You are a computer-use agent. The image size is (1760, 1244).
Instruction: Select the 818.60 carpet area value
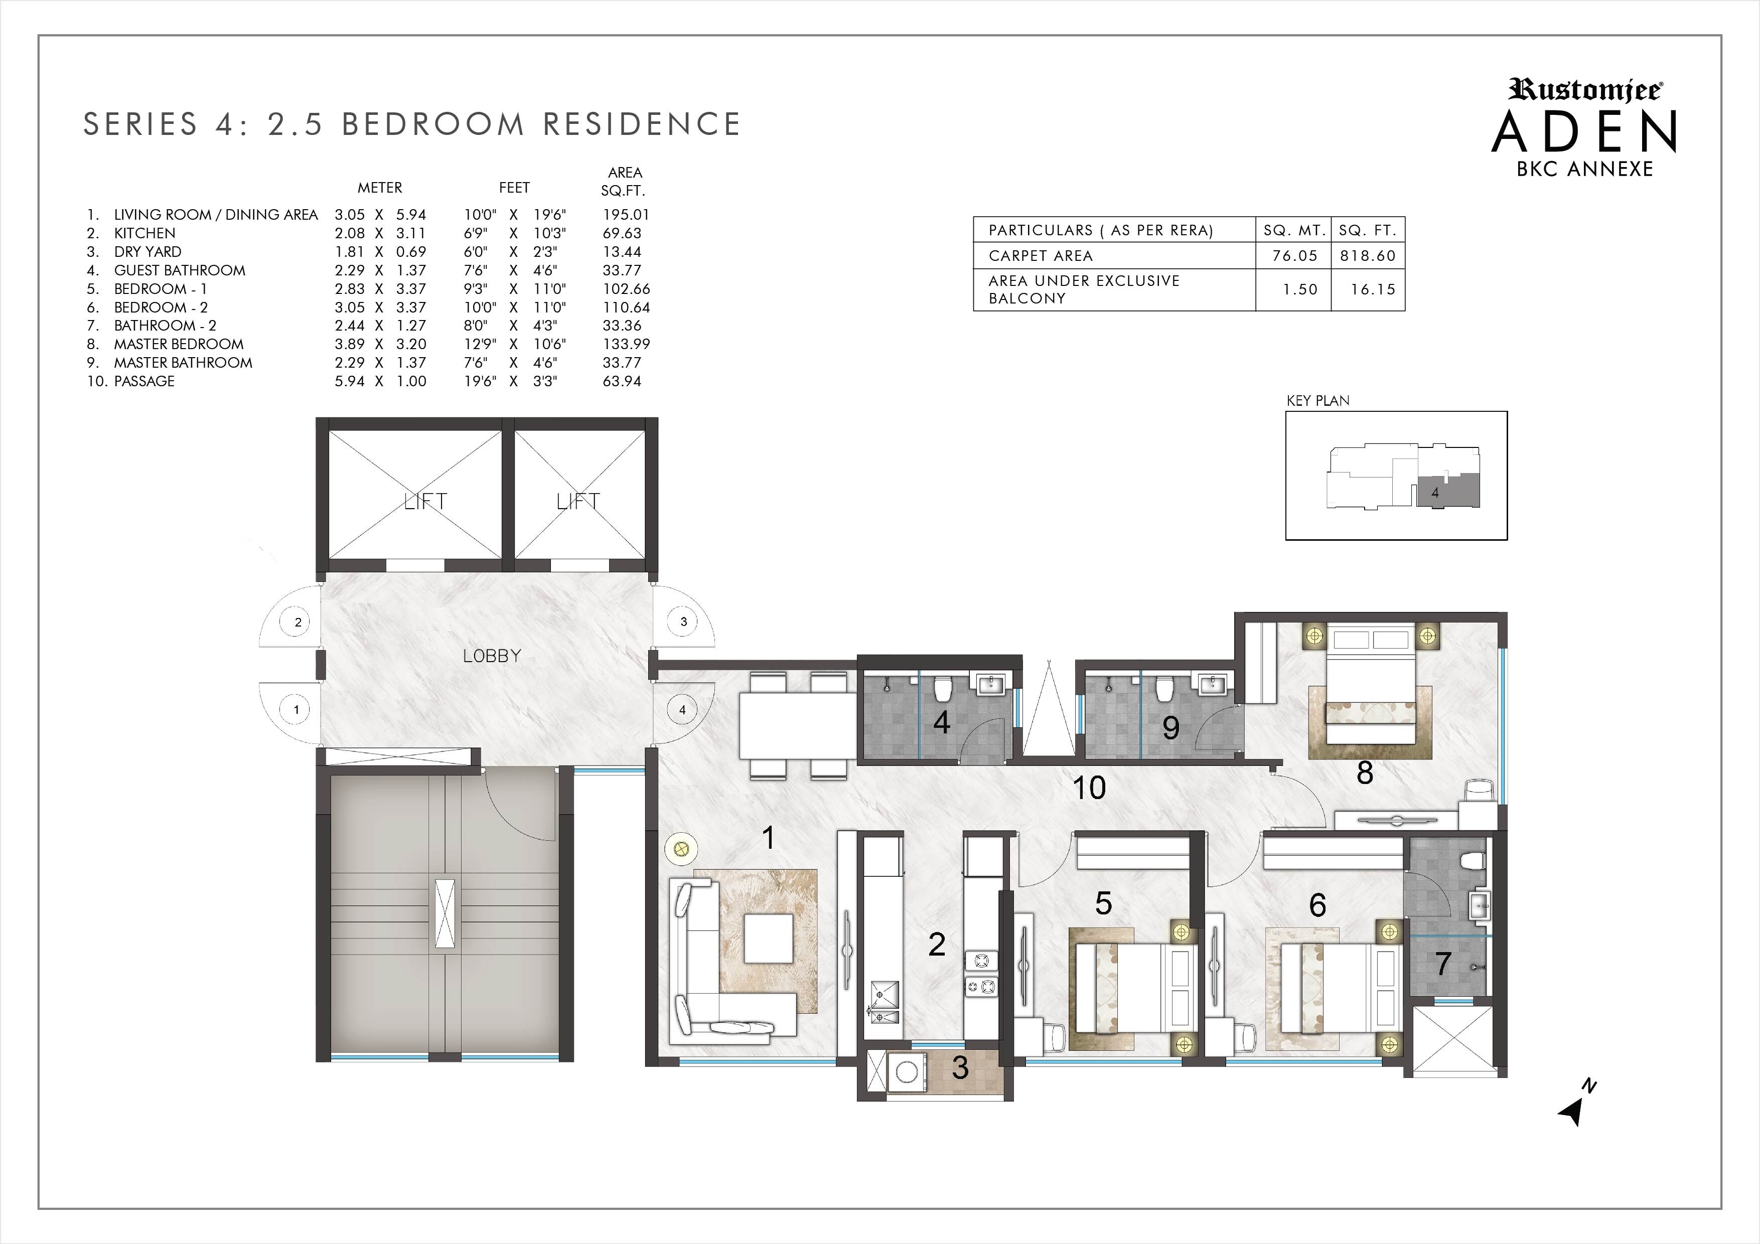(1368, 256)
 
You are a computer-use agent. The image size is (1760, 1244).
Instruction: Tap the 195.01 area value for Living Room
(626, 215)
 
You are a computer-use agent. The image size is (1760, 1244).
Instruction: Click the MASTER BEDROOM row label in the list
(179, 344)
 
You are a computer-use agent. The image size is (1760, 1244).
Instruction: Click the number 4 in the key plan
(1435, 493)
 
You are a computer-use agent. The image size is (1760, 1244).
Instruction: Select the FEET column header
(514, 188)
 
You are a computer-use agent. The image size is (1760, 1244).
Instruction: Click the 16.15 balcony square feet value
(1373, 290)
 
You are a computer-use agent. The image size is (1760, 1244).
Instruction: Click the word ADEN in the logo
(1584, 132)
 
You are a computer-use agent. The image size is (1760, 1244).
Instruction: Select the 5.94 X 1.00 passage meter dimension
(380, 381)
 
